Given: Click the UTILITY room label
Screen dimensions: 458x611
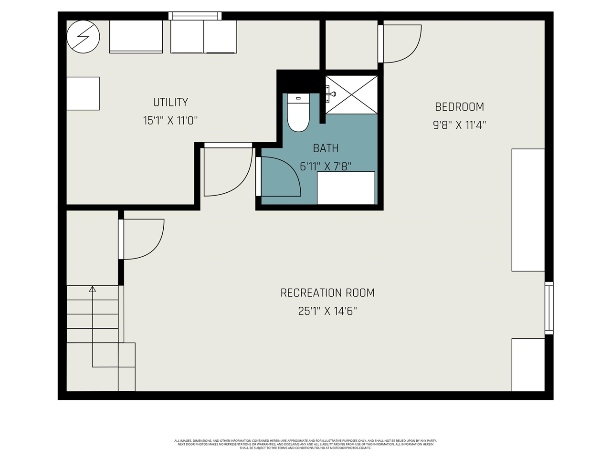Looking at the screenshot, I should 170,102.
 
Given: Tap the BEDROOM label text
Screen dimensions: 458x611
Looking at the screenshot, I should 459,107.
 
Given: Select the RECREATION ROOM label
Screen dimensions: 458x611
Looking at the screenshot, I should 327,293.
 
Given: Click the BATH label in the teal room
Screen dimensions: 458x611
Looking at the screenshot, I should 326,148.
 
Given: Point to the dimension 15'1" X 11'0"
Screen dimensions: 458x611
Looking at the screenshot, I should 170,121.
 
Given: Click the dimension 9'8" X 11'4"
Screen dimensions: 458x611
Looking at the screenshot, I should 459,125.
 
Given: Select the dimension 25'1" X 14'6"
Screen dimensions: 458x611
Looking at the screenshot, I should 327,312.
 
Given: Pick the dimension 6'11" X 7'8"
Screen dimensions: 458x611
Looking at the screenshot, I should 326,167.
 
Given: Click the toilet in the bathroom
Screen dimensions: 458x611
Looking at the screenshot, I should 299,113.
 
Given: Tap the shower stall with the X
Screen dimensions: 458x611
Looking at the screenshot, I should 352,94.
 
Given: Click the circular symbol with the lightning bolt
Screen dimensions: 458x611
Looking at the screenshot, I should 84,37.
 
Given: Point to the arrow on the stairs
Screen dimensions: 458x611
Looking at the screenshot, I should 93,289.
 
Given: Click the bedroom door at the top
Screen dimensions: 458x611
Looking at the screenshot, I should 400,44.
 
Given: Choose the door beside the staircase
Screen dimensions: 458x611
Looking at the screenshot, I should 142,239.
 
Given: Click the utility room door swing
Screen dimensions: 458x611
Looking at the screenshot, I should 227,171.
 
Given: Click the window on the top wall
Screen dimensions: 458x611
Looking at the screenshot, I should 195,16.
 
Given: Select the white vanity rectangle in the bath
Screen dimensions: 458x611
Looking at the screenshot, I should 346,188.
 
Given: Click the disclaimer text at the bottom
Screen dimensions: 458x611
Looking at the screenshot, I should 305,444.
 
